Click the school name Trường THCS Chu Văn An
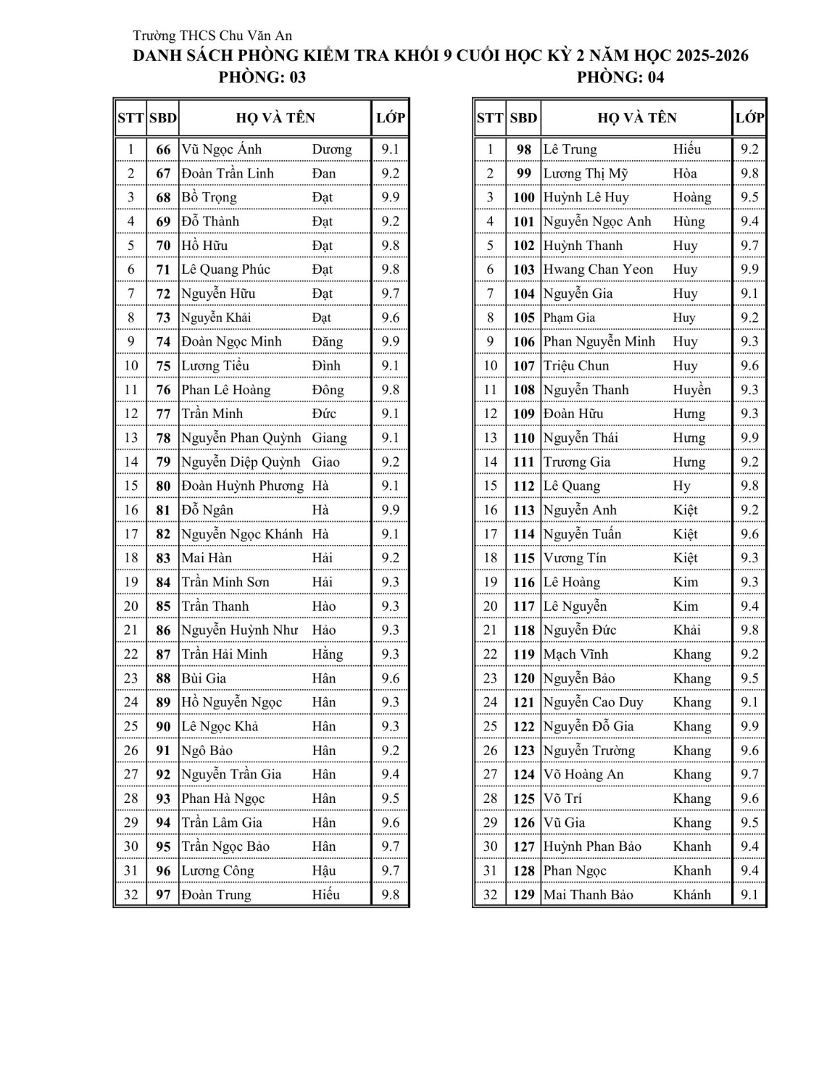[x=212, y=36]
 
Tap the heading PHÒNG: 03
[x=262, y=78]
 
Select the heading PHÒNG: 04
[x=620, y=78]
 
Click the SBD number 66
[x=164, y=150]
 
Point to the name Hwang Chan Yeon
[x=598, y=270]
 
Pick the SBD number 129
[x=523, y=895]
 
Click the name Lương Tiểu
[x=215, y=366]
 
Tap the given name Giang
[x=329, y=438]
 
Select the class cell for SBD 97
[x=390, y=895]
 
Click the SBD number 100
[x=523, y=198]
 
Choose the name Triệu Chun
[x=576, y=366]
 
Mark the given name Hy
[x=681, y=486]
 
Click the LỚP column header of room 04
[x=749, y=117]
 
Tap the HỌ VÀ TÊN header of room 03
[x=275, y=117]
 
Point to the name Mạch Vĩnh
[x=575, y=654]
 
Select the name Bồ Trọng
[x=209, y=198]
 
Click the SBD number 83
[x=164, y=558]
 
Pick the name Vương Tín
[x=575, y=558]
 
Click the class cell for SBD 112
[x=749, y=486]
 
